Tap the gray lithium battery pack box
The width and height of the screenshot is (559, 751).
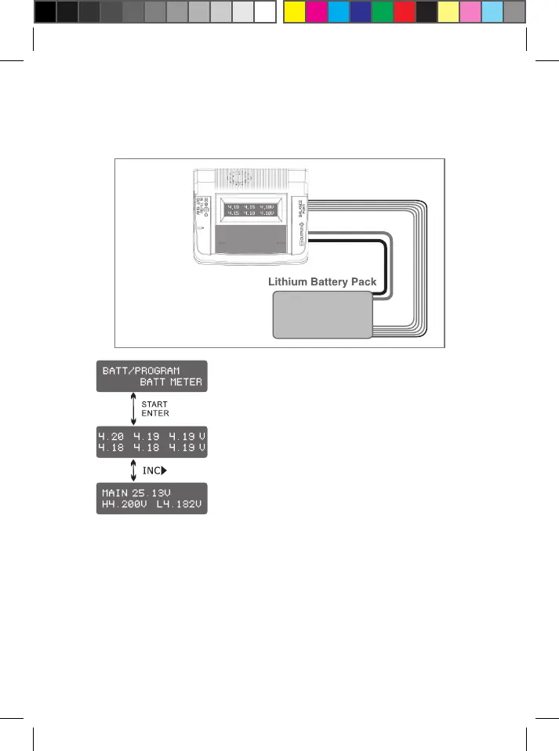click(322, 314)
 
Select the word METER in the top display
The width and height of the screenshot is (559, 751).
click(184, 382)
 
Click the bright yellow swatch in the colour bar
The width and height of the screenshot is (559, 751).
click(294, 12)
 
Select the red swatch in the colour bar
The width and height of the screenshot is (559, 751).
click(404, 12)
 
